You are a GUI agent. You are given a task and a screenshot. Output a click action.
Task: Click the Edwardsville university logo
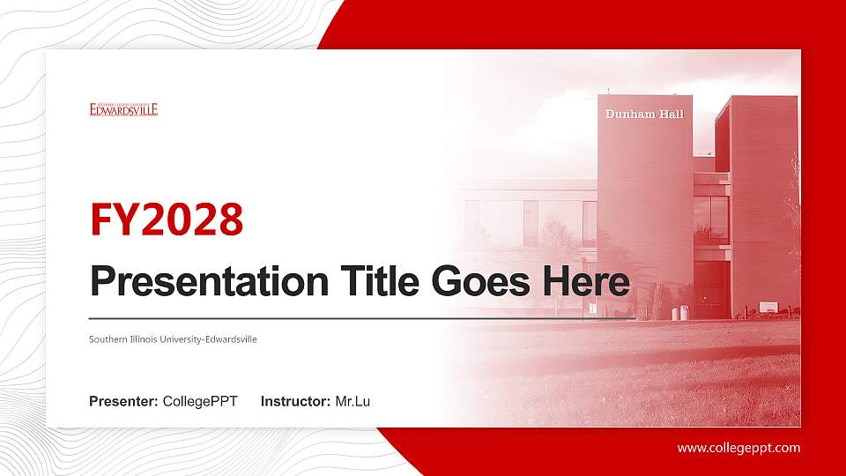[x=123, y=109]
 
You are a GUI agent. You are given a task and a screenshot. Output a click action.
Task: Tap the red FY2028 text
[x=167, y=220]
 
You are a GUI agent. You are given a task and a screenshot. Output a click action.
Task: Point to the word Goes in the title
[x=473, y=282]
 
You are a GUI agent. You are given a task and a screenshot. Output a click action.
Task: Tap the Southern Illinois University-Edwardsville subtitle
[x=173, y=339]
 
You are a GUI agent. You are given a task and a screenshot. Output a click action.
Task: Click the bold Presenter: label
[x=123, y=402]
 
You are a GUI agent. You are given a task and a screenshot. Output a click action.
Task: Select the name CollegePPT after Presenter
[x=201, y=402]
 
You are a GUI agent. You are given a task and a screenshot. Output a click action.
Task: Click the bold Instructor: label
[x=296, y=402]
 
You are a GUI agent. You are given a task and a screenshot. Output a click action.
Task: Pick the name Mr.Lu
[x=352, y=402]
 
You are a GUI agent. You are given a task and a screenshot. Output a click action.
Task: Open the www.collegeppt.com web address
[x=738, y=448]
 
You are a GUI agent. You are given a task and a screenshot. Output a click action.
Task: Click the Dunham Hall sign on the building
[x=644, y=115]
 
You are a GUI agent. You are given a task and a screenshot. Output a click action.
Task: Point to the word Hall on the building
[x=670, y=115]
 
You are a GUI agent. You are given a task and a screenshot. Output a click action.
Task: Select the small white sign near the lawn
[x=768, y=307]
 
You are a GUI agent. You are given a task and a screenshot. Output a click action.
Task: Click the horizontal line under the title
[x=361, y=318]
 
